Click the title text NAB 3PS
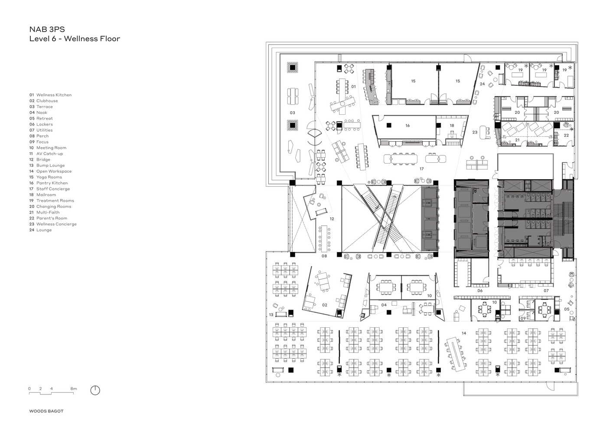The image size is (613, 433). point(47,29)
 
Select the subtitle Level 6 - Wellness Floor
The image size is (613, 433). point(75,39)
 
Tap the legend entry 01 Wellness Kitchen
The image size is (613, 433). point(50,95)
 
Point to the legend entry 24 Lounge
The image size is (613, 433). point(40,230)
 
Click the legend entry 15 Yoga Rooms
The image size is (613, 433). point(46,177)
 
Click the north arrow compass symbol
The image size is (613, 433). point(95,390)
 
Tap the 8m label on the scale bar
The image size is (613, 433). point(74,388)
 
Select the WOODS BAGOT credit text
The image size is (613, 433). point(46,411)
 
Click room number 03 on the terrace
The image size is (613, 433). point(292,113)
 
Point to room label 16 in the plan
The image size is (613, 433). point(408,126)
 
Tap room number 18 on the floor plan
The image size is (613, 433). point(452,126)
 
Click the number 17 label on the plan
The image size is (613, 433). point(421,169)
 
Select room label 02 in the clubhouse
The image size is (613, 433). point(325,305)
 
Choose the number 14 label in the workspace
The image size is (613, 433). point(464,333)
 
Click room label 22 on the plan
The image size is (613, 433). point(566,135)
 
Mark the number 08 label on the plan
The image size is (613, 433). point(324,256)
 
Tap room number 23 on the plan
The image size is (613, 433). point(475,132)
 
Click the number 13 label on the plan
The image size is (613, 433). point(271,315)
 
